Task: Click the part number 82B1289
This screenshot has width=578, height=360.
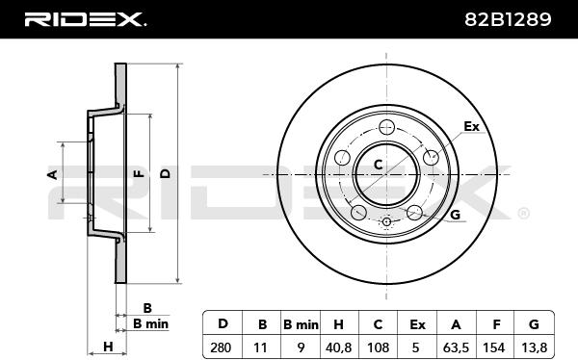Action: tap(508, 19)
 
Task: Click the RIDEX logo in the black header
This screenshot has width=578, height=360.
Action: tap(85, 19)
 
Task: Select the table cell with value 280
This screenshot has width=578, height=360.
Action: tap(223, 347)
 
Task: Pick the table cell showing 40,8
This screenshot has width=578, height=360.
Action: tap(338, 347)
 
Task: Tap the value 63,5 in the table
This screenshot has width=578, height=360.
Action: tap(456, 347)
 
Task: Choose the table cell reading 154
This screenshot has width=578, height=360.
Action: tap(494, 347)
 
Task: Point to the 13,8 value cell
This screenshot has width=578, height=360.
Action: tap(534, 347)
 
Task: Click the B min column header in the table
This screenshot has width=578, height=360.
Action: tap(301, 324)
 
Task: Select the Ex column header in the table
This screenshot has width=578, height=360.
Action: tap(417, 324)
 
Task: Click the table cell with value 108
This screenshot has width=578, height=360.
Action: tap(379, 347)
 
